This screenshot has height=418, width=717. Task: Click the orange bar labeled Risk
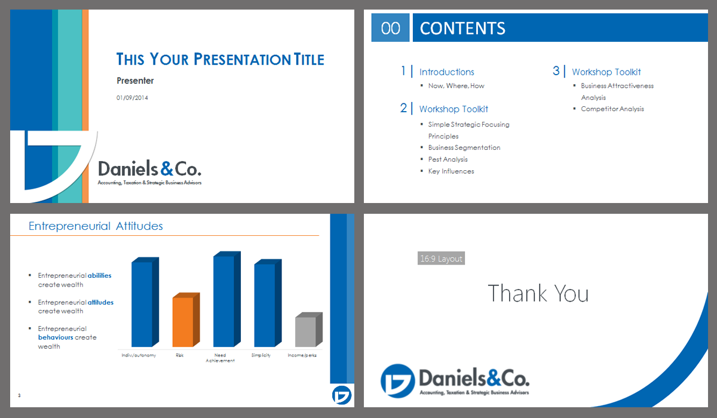pyautogui.click(x=186, y=319)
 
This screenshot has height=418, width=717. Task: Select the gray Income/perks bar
pyautogui.click(x=308, y=330)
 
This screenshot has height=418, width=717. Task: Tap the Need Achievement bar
pyautogui.click(x=227, y=299)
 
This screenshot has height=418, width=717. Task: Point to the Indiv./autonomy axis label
pyautogui.click(x=139, y=355)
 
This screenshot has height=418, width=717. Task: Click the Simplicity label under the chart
pyautogui.click(x=261, y=355)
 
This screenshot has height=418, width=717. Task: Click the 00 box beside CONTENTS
pyautogui.click(x=390, y=27)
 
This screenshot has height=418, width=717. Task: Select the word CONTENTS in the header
pyautogui.click(x=462, y=28)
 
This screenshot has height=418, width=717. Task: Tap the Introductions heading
pyautogui.click(x=446, y=72)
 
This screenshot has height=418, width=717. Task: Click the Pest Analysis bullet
pyautogui.click(x=448, y=159)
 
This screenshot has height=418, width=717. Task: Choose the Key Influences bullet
pyautogui.click(x=451, y=171)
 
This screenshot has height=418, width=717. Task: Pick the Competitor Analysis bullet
pyautogui.click(x=612, y=109)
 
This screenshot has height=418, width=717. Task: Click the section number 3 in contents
pyautogui.click(x=556, y=70)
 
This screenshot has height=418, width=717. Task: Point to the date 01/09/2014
pyautogui.click(x=132, y=98)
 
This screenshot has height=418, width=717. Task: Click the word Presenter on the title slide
pyautogui.click(x=135, y=81)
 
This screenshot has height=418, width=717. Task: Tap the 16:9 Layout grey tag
pyautogui.click(x=441, y=258)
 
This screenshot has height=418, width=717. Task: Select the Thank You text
pyautogui.click(x=538, y=293)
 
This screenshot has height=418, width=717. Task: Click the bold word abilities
pyautogui.click(x=100, y=275)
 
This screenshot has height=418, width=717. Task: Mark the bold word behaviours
pyautogui.click(x=56, y=337)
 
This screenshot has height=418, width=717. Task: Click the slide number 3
pyautogui.click(x=19, y=395)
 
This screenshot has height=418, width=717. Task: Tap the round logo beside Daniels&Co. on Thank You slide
pyautogui.click(x=397, y=381)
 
